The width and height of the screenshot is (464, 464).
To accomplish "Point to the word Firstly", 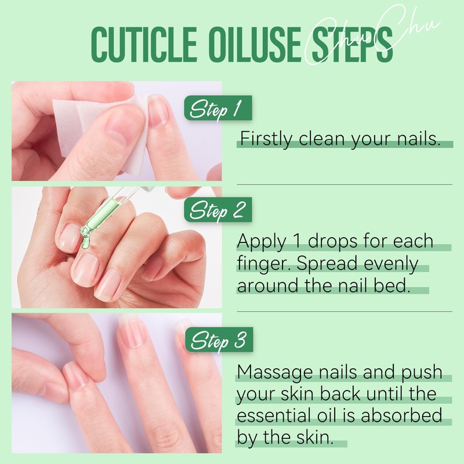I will (x=266, y=140).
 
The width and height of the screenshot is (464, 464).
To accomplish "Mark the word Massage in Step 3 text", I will (x=272, y=372).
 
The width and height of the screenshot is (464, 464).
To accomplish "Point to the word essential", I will (x=276, y=416).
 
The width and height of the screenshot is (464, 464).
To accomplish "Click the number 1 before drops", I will (x=296, y=241).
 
